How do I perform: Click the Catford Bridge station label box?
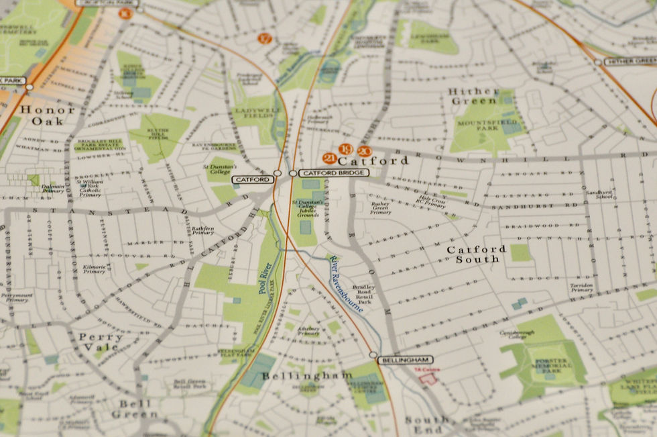(x=333, y=173)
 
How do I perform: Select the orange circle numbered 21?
(x=329, y=158)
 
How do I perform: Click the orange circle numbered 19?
(x=346, y=149)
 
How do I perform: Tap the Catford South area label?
(x=477, y=254)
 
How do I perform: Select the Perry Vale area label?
(x=101, y=342)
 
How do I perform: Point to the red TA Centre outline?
(x=428, y=379)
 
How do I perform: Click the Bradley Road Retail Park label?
(x=367, y=293)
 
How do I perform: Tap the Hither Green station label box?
(x=629, y=61)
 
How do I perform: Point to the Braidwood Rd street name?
(x=532, y=226)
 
